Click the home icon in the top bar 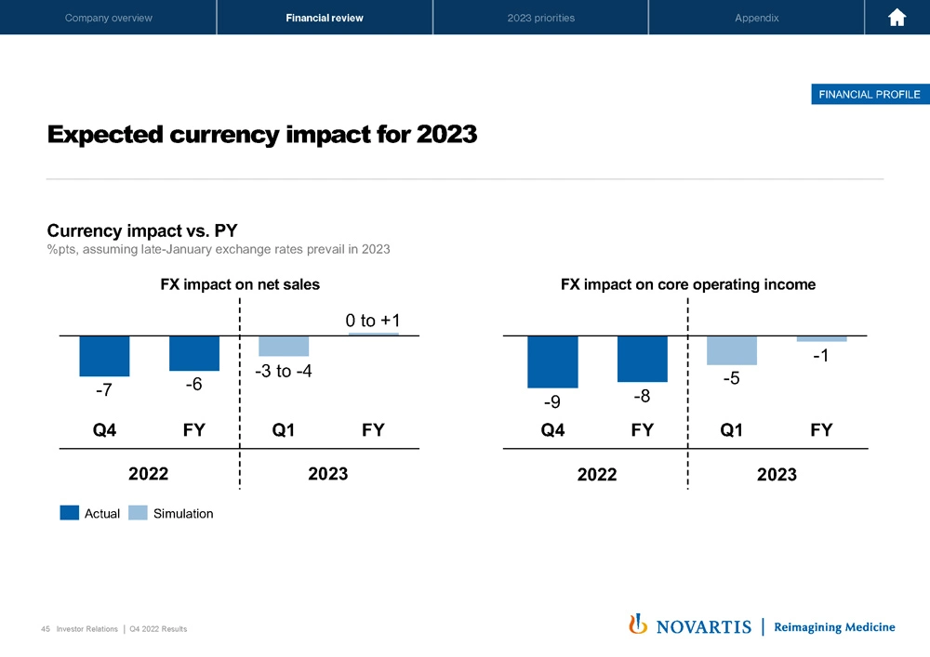(897, 18)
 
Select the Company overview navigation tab (109, 18)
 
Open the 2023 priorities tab (540, 18)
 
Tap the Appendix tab (756, 18)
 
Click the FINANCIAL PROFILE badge (869, 94)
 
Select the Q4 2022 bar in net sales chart (104, 355)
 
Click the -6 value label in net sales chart (193, 384)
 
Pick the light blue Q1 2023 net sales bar (284, 346)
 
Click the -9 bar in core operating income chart (552, 361)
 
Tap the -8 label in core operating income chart (641, 397)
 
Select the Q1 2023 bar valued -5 (731, 350)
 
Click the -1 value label (819, 357)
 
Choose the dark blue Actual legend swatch (69, 513)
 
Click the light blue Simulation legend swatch (137, 513)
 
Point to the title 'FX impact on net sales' (240, 285)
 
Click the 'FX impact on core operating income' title (687, 285)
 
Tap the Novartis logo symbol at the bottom (639, 624)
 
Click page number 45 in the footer (46, 629)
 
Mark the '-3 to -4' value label (283, 372)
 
